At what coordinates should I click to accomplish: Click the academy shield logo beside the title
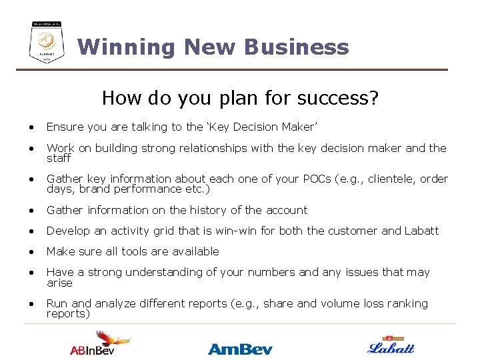click(x=47, y=43)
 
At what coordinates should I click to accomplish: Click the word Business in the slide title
click(x=296, y=47)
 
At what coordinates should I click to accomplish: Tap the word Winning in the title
click(x=127, y=47)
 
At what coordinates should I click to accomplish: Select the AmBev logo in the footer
click(x=240, y=348)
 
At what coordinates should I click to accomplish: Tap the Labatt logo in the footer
click(x=391, y=345)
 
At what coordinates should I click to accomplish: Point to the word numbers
click(x=265, y=272)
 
